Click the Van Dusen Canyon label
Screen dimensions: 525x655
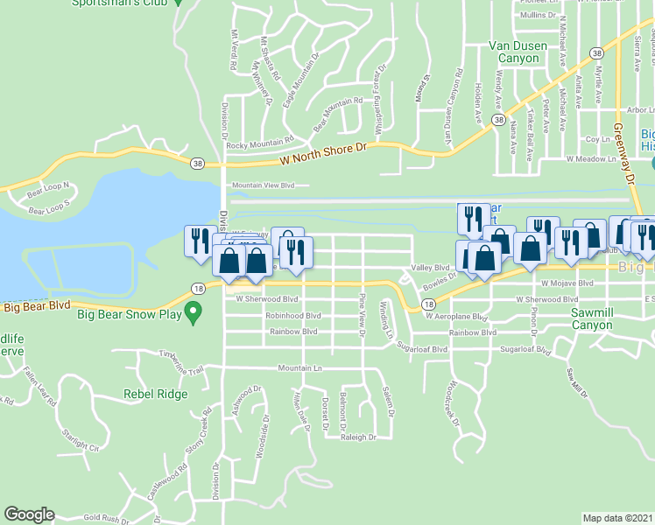pyautogui.click(x=518, y=52)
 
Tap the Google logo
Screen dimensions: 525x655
pyautogui.click(x=29, y=514)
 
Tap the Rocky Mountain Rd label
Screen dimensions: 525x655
pyautogui.click(x=260, y=143)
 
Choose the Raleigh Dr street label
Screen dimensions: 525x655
pyautogui.click(x=358, y=437)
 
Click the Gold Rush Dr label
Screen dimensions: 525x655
pyautogui.click(x=107, y=518)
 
